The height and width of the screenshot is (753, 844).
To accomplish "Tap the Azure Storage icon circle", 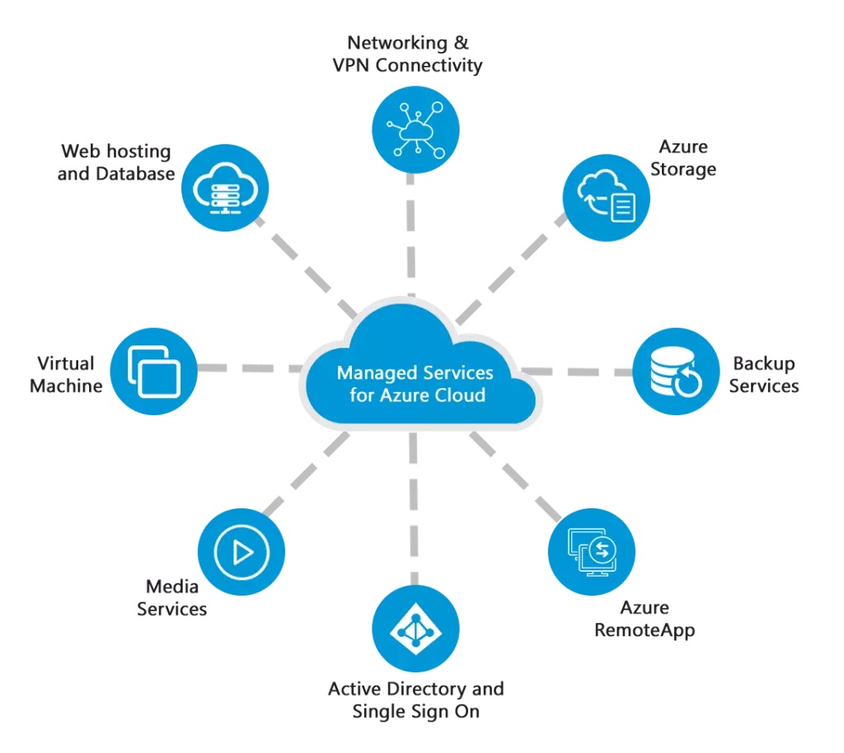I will tap(606, 199).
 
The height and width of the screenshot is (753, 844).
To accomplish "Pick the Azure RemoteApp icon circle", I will tap(591, 551).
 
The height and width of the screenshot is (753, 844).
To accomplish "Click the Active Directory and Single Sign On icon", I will tap(415, 629).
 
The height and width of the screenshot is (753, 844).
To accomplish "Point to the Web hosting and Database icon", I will tap(223, 188).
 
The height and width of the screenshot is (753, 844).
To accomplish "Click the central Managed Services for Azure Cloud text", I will tap(415, 383).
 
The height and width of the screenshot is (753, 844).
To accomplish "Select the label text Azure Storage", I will tap(682, 158).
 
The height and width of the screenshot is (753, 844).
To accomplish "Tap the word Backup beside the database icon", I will tap(763, 363).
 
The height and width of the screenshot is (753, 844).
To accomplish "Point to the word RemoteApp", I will tap(645, 630).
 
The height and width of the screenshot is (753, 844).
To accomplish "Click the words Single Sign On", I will tap(415, 711).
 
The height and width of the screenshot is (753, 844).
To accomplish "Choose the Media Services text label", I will tap(171, 597).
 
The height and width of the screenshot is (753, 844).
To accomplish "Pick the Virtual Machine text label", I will tap(66, 374).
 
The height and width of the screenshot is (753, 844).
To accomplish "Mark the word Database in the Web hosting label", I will tap(135, 174).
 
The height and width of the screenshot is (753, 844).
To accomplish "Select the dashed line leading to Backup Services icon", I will tap(577, 371).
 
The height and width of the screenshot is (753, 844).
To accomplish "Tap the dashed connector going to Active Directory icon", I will tap(414, 511).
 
